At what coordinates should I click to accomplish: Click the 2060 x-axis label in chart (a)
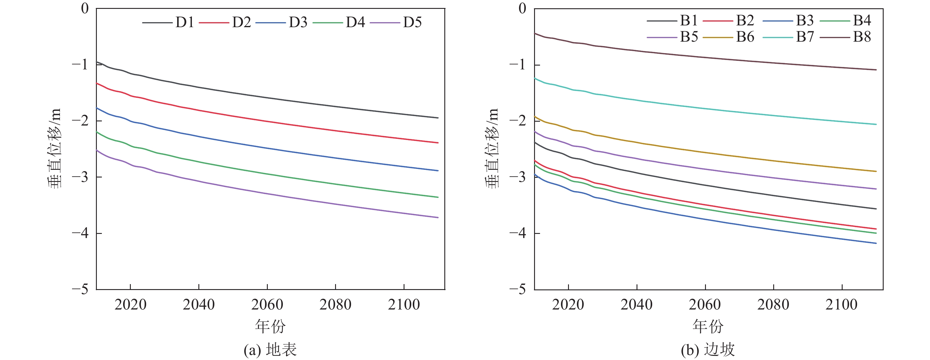(x=267, y=305)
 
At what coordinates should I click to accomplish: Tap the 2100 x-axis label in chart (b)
(x=841, y=305)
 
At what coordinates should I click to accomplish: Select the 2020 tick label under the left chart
(x=130, y=305)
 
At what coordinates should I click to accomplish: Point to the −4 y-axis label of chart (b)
(x=517, y=233)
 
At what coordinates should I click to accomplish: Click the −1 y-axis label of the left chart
(x=80, y=65)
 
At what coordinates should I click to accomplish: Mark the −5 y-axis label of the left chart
(x=80, y=289)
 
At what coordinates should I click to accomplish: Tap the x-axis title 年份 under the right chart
(x=708, y=326)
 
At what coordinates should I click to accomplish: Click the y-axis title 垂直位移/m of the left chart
(x=55, y=148)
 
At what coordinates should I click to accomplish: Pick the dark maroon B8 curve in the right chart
(x=705, y=57)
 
